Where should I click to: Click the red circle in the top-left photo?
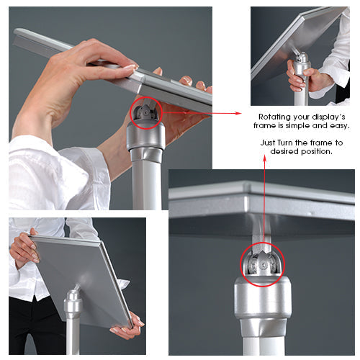tap(146, 112)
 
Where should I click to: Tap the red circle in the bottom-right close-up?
tap(257, 264)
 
